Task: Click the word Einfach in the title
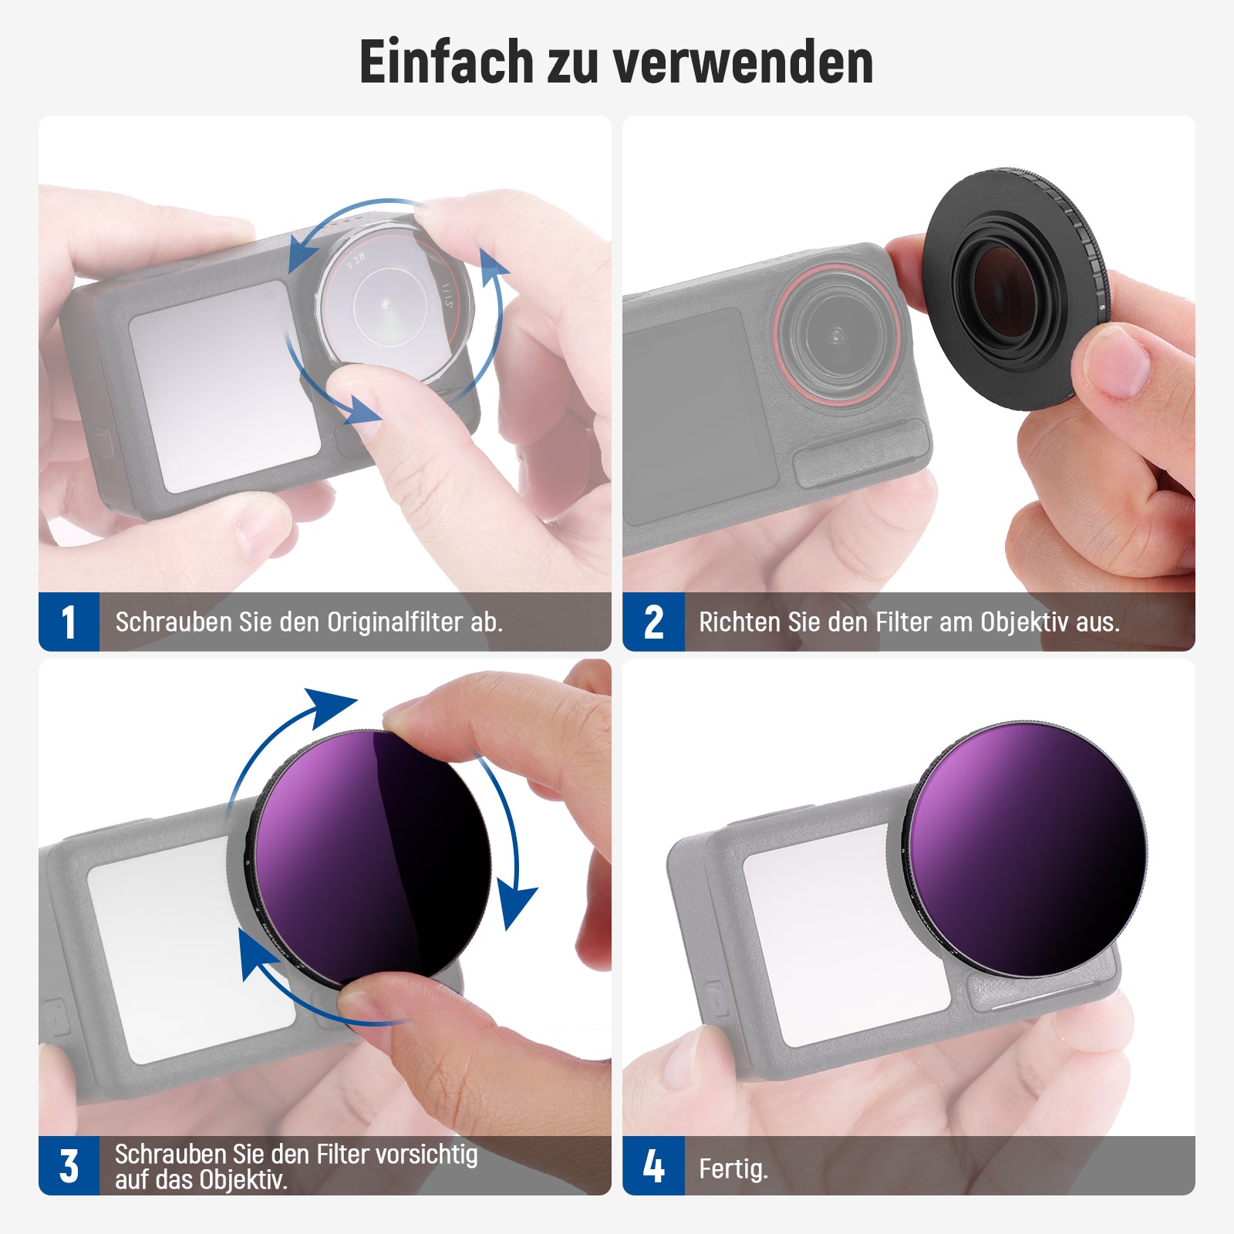click(447, 62)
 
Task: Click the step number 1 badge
click(69, 622)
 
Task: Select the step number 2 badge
click(653, 622)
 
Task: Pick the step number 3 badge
click(69, 1165)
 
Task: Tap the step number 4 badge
click(653, 1165)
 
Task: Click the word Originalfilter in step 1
click(396, 622)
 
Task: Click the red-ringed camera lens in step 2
click(838, 333)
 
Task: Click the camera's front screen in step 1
click(224, 386)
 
